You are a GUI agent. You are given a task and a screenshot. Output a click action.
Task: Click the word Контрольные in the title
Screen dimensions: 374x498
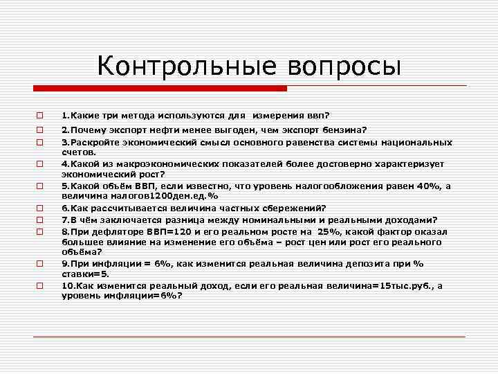(x=184, y=66)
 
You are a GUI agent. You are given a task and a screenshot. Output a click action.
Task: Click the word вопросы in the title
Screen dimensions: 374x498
(x=340, y=66)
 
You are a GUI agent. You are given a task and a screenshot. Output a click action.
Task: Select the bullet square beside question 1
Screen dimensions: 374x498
(x=40, y=116)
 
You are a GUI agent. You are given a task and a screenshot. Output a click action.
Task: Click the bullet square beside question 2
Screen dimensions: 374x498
(x=40, y=130)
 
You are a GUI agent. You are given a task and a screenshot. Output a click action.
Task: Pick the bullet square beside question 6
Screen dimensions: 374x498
(x=40, y=207)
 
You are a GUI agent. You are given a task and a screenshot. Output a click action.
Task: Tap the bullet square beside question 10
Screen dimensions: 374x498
(x=40, y=285)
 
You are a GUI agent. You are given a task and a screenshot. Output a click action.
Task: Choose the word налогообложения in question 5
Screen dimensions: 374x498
(x=338, y=186)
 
